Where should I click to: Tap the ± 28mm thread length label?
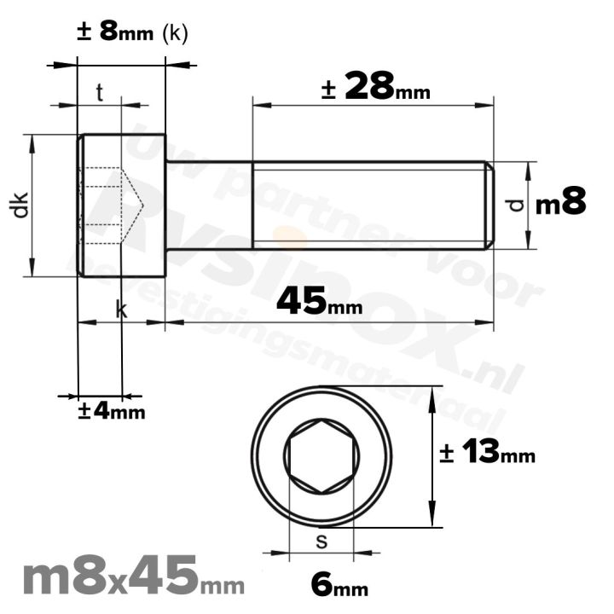[375, 86]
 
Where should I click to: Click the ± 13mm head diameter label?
[487, 454]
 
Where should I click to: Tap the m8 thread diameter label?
[561, 204]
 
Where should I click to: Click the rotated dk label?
[21, 205]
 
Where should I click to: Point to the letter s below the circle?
[321, 540]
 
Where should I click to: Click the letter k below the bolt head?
[121, 311]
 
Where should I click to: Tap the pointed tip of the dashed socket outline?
[141, 205]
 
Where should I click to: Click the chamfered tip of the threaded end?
[489, 205]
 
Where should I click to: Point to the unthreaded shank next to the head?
[209, 205]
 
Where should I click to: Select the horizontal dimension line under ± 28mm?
[373, 106]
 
